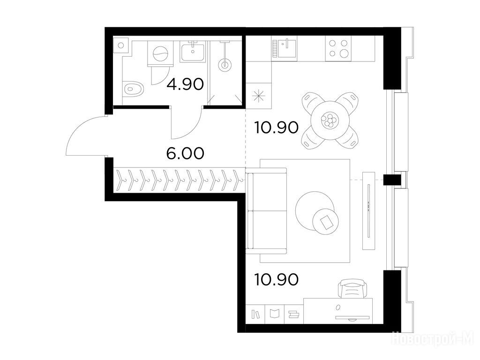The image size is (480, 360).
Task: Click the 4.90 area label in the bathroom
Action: (185, 84)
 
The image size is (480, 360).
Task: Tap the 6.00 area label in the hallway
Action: (185, 153)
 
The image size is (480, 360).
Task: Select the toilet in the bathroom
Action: (134, 89)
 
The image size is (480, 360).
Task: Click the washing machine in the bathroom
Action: (160, 54)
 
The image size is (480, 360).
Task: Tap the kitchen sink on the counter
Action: (284, 48)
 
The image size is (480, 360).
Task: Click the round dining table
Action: (330, 120)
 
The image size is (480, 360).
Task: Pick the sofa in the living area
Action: (267, 211)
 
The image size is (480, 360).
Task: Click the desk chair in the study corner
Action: (352, 289)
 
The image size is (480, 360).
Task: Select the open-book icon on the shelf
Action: (275, 314)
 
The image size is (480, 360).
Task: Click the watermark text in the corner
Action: (433, 338)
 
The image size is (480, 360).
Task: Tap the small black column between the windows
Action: (392, 180)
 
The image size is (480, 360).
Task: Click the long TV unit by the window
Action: (368, 210)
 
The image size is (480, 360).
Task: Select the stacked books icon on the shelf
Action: (294, 315)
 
